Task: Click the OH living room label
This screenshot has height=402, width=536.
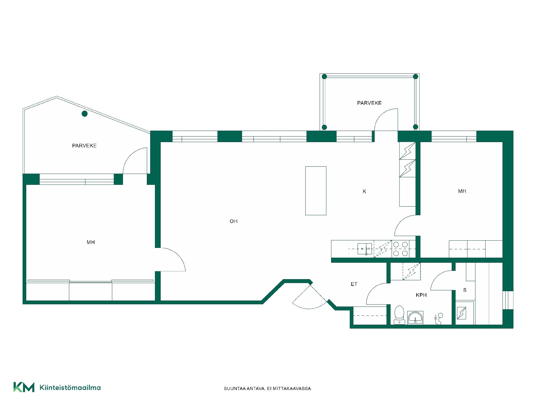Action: click(x=233, y=221)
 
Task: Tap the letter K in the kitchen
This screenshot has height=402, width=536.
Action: click(x=364, y=192)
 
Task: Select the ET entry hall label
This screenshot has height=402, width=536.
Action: click(x=354, y=284)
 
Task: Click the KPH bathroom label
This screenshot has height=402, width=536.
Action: click(x=421, y=295)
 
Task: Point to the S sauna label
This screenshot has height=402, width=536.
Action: click(x=465, y=290)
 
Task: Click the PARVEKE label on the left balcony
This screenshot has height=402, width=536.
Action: click(x=84, y=146)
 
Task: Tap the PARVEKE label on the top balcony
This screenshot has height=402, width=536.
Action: click(x=369, y=103)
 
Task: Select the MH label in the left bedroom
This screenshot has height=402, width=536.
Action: click(x=91, y=242)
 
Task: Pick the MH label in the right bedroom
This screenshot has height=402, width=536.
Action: click(x=462, y=191)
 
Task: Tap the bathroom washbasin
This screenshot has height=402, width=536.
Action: click(x=415, y=318)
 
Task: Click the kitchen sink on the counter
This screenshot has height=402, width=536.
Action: click(x=365, y=249)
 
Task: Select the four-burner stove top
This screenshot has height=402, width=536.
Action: click(x=401, y=249)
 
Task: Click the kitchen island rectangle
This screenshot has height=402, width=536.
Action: click(x=316, y=191)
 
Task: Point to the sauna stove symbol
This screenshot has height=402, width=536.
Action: click(x=461, y=313)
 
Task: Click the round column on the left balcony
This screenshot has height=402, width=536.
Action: click(x=85, y=114)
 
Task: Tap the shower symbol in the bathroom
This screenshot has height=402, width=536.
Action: click(x=439, y=319)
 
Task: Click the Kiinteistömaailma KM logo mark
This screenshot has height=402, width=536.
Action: click(x=24, y=387)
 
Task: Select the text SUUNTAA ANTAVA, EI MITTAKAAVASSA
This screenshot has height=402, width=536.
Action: click(x=268, y=389)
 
